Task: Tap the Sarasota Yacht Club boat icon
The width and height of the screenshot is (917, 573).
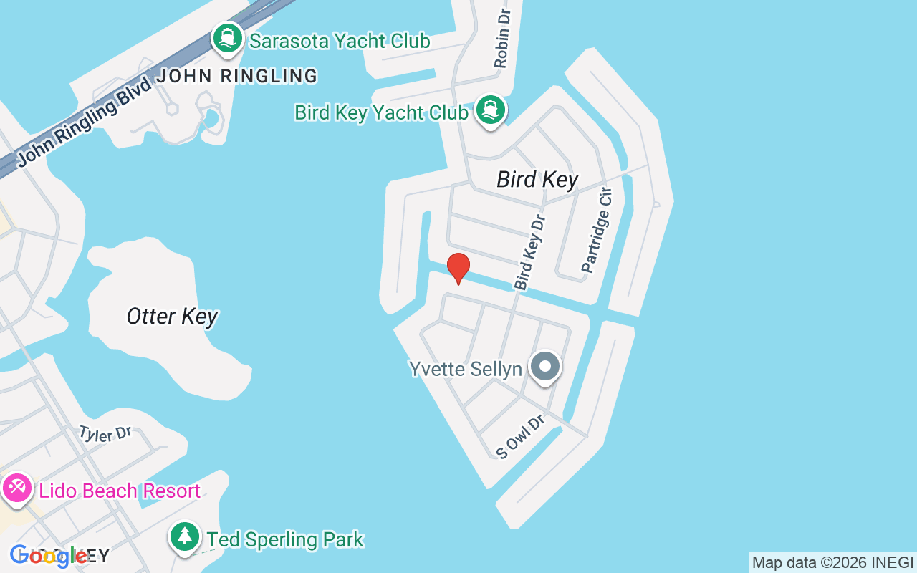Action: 228,39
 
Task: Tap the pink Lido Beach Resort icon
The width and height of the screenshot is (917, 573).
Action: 16,489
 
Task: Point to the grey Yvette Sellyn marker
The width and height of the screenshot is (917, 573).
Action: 545,367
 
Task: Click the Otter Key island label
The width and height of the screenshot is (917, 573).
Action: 172,317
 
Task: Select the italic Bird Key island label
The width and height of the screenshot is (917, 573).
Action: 537,179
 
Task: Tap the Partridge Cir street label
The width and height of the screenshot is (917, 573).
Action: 598,230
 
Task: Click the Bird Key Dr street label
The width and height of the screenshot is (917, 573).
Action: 530,253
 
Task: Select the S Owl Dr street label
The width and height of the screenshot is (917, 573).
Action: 521,435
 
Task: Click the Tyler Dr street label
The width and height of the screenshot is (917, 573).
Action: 105,434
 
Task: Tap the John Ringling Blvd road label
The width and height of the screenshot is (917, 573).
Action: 85,122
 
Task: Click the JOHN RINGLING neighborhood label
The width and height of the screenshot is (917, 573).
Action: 237,76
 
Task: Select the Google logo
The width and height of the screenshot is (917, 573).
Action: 49,556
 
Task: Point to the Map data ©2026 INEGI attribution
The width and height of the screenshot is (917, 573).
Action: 832,563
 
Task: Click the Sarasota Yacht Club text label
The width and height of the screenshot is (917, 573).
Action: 340,41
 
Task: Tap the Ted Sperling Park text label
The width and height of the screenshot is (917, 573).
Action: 285,539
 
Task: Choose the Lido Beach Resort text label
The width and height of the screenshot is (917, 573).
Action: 120,491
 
